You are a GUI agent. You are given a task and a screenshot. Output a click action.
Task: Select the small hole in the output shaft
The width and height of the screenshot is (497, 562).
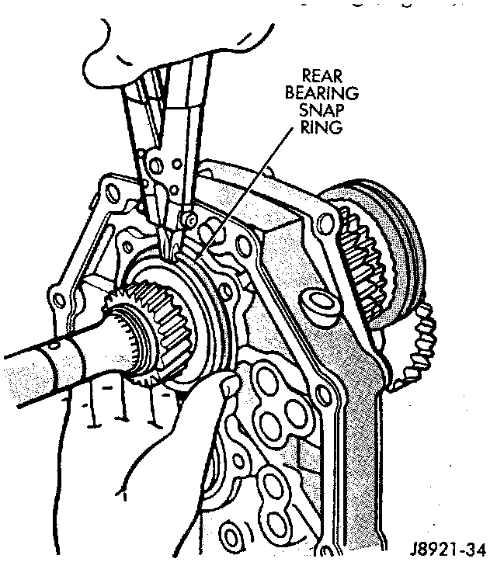54,344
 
